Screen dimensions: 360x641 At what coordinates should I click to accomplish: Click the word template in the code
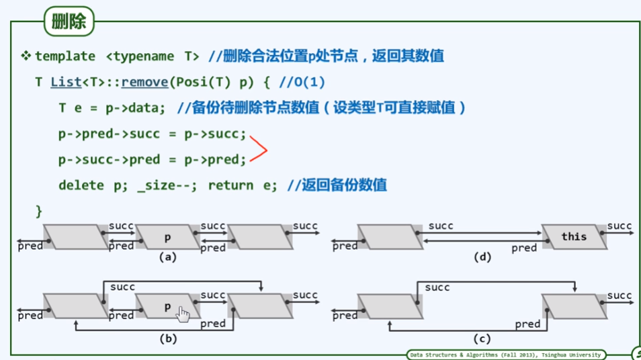click(65, 56)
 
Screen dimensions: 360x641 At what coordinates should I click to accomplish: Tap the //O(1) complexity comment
click(302, 82)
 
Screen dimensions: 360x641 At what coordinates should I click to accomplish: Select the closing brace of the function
click(38, 211)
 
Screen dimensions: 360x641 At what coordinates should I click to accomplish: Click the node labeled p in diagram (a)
click(169, 237)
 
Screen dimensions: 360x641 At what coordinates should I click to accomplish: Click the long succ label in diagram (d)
click(440, 226)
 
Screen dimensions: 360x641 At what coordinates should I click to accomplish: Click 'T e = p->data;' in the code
click(112, 107)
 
